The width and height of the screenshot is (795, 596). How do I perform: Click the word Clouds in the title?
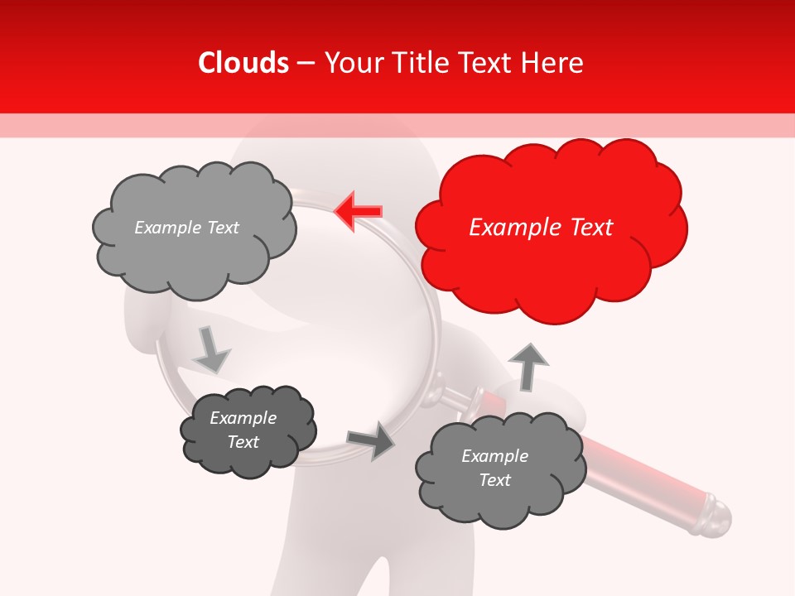[243, 63]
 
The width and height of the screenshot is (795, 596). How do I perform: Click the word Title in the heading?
[422, 63]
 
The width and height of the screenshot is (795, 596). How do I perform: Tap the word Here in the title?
[553, 63]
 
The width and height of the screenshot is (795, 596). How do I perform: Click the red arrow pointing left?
[359, 211]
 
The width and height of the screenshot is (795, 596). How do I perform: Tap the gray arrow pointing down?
[210, 349]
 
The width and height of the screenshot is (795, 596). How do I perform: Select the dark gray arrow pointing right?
[372, 440]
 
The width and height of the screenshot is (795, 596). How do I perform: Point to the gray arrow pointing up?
[528, 365]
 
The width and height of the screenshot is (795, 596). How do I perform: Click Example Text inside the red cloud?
[541, 228]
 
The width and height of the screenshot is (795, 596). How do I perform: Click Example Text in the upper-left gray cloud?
[186, 228]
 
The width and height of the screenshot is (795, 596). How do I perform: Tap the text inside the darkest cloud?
[243, 430]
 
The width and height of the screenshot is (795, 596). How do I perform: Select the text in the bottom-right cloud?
[494, 468]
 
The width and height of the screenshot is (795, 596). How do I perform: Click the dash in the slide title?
[306, 63]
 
